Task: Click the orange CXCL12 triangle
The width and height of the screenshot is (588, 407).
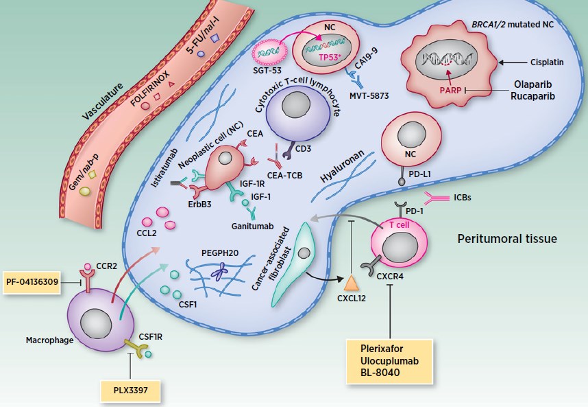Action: click(351, 282)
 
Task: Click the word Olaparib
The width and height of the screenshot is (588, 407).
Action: click(534, 83)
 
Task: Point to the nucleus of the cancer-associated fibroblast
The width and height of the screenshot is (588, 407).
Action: click(302, 254)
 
